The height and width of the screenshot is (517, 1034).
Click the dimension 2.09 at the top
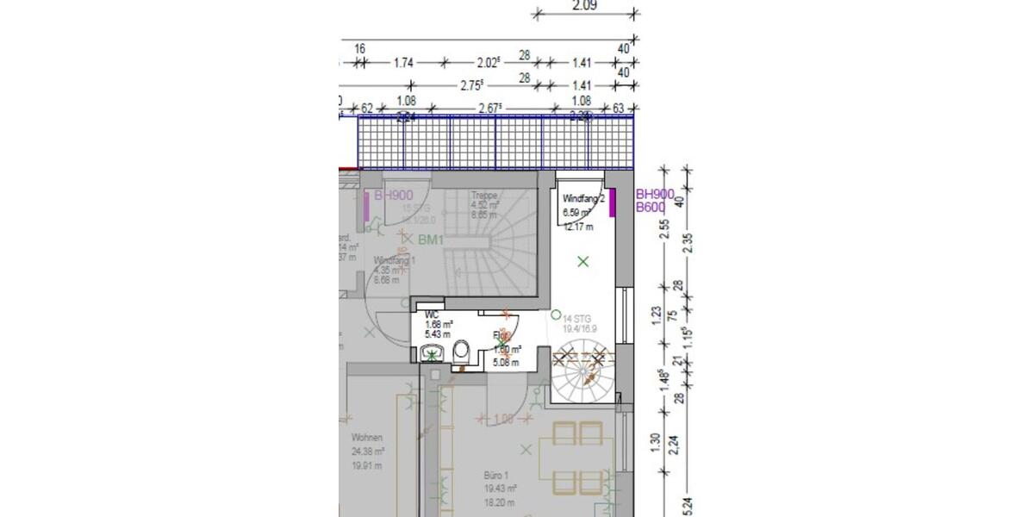pyautogui.click(x=587, y=5)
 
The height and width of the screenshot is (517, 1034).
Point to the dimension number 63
pyautogui.click(x=617, y=109)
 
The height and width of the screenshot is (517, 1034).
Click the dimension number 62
pyautogui.click(x=366, y=109)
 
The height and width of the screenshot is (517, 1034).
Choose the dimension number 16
pyautogui.click(x=359, y=49)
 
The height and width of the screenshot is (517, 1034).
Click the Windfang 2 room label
pyautogui.click(x=584, y=199)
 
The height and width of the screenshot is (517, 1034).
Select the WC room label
pyautogui.click(x=432, y=315)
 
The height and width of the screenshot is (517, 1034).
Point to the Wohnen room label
pyautogui.click(x=366, y=438)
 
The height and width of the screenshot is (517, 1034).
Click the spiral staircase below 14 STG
pyautogui.click(x=583, y=371)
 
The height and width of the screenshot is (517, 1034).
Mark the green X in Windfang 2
pyautogui.click(x=583, y=261)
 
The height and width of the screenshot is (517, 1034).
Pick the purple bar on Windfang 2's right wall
pyautogui.click(x=612, y=204)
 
